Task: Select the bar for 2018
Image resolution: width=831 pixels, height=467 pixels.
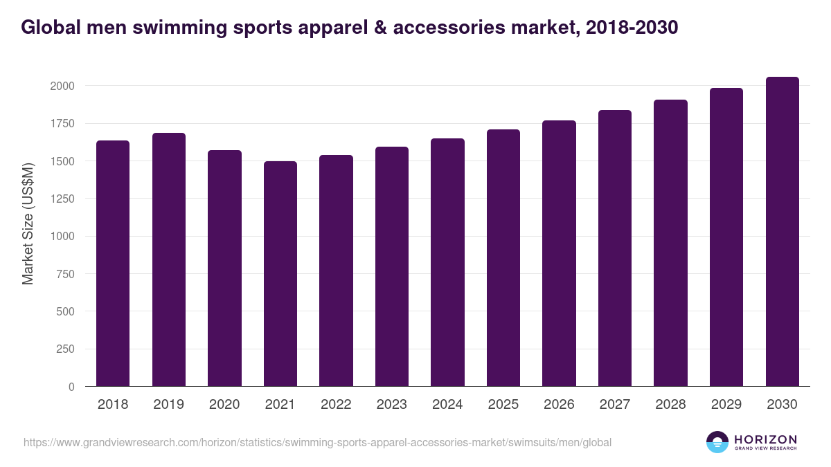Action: (x=113, y=264)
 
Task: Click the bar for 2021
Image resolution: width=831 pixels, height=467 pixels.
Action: (x=280, y=274)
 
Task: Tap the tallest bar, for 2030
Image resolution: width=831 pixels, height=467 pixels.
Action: (x=782, y=232)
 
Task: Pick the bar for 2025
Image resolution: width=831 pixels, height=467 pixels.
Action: (x=503, y=258)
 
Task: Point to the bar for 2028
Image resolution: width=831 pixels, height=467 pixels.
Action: (x=670, y=243)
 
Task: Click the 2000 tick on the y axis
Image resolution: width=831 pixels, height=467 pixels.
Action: (x=62, y=86)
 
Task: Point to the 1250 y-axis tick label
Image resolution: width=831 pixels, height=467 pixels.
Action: (x=62, y=199)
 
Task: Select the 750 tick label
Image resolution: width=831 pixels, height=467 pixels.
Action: (x=64, y=274)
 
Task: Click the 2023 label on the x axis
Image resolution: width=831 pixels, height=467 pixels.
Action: (x=392, y=405)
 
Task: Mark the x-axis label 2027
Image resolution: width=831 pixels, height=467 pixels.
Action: (x=615, y=405)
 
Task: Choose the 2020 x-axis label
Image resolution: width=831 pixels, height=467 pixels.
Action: (x=224, y=405)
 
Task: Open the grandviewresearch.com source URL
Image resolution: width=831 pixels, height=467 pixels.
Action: (x=317, y=442)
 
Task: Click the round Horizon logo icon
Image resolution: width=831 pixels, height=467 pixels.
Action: (x=717, y=442)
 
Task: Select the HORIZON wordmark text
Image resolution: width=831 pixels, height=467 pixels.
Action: (x=765, y=439)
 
